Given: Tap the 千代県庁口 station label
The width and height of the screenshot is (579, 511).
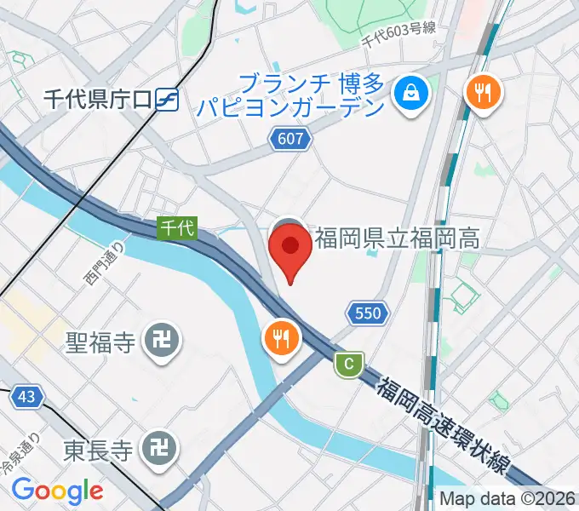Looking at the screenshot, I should (x=98, y=100).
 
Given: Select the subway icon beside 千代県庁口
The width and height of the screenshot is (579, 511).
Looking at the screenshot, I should (x=167, y=100).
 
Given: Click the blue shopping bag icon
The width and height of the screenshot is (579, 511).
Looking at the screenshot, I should (x=411, y=90).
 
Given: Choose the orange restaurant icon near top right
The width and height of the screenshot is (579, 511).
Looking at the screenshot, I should (x=483, y=91).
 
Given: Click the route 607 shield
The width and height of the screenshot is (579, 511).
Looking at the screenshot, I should (x=289, y=138).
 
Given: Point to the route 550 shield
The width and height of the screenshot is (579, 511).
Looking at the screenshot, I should (x=368, y=313).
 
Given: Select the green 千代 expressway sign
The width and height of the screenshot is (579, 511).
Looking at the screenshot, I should (x=178, y=227).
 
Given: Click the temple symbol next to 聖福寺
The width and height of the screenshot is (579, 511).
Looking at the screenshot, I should (x=158, y=342).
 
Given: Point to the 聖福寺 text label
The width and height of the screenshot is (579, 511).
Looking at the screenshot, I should (x=101, y=343).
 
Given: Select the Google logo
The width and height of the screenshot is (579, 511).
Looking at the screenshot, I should (x=57, y=491).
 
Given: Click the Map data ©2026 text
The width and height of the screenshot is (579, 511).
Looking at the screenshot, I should (x=507, y=499).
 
